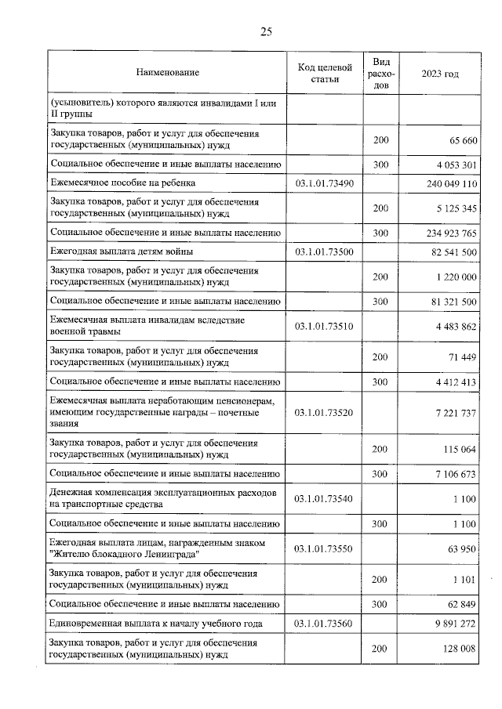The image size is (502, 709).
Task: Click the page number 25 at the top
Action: (266, 31)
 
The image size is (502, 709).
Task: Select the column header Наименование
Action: (167, 73)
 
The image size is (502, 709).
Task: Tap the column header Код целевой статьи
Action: (325, 73)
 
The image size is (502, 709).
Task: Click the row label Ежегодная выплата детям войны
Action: (121, 251)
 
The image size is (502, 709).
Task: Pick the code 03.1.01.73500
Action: (325, 251)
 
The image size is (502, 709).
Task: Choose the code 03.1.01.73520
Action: (325, 412)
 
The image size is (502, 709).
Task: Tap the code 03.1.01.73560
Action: (325, 624)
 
